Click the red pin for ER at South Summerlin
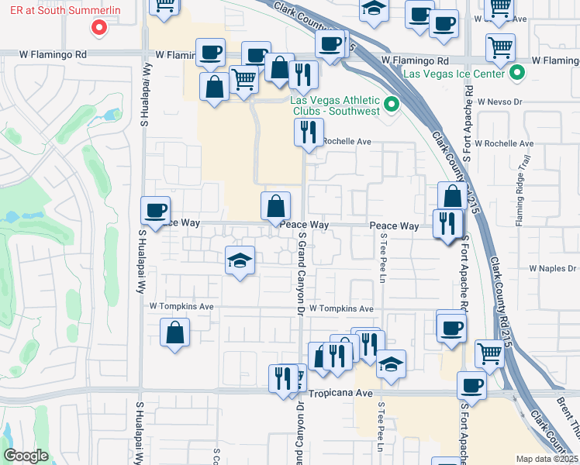click(98, 28)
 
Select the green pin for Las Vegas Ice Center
click(518, 74)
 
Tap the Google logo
click(26, 456)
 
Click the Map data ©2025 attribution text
click(546, 459)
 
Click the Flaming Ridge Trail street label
click(525, 191)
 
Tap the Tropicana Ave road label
click(342, 393)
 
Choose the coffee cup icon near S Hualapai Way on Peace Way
click(155, 209)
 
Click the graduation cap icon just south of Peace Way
click(240, 260)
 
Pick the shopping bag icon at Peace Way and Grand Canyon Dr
click(275, 206)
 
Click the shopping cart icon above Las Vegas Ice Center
click(500, 46)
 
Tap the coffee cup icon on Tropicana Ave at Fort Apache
click(471, 385)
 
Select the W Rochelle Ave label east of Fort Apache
click(504, 143)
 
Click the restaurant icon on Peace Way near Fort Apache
click(447, 223)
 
